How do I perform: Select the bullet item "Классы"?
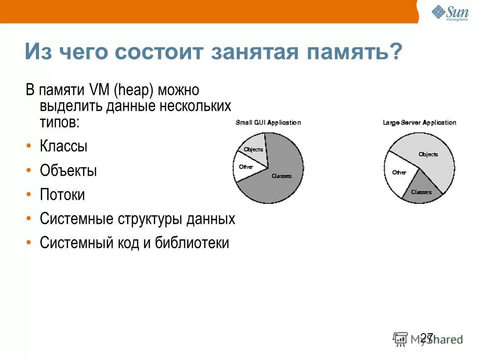click(x=64, y=147)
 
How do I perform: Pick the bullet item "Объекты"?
click(x=68, y=171)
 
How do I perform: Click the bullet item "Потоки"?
click(x=62, y=195)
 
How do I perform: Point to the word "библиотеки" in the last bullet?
click(x=192, y=243)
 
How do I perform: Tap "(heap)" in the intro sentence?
click(x=134, y=90)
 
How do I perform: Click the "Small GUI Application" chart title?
click(x=268, y=123)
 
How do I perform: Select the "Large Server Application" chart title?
click(x=419, y=123)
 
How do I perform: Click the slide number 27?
click(x=426, y=337)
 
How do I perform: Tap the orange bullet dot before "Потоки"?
click(x=29, y=195)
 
